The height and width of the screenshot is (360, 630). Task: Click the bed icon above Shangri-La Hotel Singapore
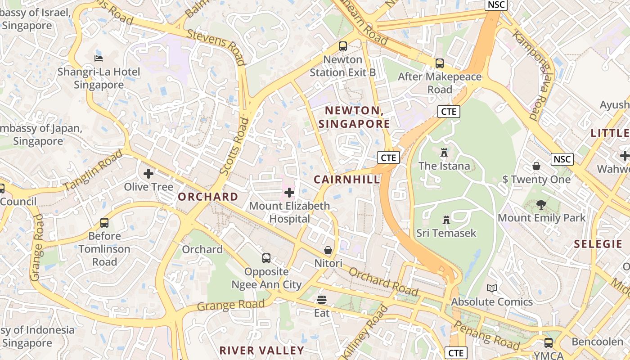click(x=99, y=58)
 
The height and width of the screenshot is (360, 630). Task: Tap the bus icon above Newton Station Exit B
click(x=343, y=46)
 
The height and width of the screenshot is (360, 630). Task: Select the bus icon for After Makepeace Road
click(x=440, y=63)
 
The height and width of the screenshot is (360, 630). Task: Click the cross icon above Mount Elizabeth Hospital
click(x=289, y=193)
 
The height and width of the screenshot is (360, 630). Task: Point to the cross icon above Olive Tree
click(x=148, y=174)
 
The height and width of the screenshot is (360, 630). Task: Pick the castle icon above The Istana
click(x=444, y=153)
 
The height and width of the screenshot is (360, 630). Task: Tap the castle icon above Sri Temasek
click(x=446, y=220)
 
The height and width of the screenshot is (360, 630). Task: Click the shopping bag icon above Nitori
click(x=328, y=250)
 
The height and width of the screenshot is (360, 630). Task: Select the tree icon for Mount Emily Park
click(x=541, y=205)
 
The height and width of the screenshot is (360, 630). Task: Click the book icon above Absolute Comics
click(x=492, y=288)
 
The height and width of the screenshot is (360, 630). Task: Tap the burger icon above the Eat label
click(x=322, y=300)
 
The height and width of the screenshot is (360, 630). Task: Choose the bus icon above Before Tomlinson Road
click(x=104, y=223)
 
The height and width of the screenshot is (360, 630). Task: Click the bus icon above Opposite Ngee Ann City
click(x=266, y=258)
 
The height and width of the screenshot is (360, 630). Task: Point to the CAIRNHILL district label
click(x=346, y=180)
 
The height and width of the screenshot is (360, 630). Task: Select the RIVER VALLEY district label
click(x=261, y=350)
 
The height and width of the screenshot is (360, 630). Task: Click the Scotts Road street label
click(x=234, y=146)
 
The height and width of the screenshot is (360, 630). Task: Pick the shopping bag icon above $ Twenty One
click(x=536, y=166)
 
